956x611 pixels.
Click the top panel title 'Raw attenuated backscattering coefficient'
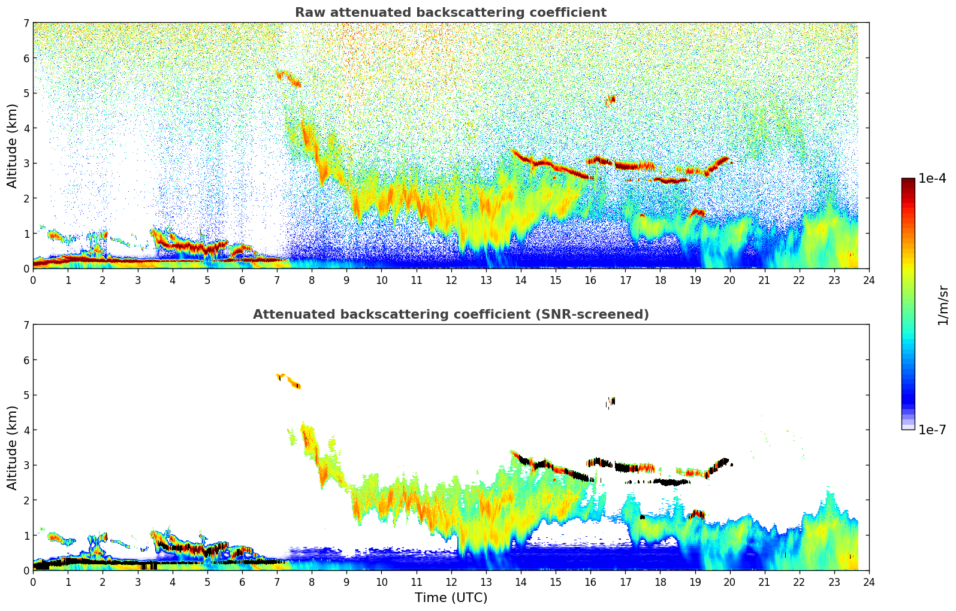click(450, 13)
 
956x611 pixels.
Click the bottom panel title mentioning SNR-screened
click(450, 314)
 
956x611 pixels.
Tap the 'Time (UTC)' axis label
click(451, 598)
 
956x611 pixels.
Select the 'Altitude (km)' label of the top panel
click(13, 146)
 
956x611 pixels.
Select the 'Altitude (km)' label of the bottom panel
click(13, 447)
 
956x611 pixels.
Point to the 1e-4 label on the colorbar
click(932, 179)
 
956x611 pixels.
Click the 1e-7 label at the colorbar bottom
click(932, 429)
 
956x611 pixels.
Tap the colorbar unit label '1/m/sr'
click(943, 305)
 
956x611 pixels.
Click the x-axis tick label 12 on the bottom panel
click(451, 582)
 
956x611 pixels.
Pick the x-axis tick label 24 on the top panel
click(869, 280)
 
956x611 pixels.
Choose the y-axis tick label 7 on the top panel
click(26, 23)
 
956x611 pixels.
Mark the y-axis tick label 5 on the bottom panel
click(26, 395)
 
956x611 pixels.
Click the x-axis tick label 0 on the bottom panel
click(33, 582)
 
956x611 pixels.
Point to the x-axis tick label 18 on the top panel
click(660, 280)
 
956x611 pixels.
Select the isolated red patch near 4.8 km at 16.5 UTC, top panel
click(610, 99)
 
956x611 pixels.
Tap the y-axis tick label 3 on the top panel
click(26, 164)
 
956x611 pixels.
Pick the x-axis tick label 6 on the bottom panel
click(242, 582)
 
